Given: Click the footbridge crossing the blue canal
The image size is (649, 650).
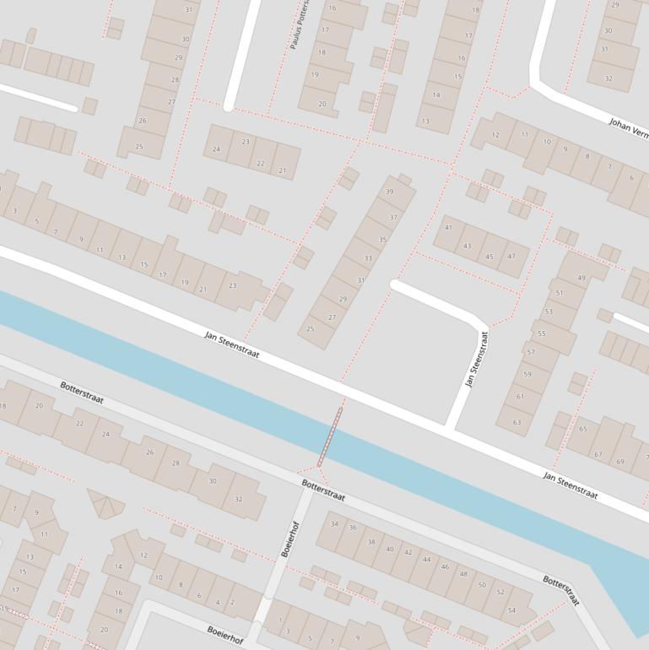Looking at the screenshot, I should tap(329, 436).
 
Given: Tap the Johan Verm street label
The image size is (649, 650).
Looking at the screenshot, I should tap(629, 128).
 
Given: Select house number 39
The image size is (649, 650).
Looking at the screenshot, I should tap(389, 192).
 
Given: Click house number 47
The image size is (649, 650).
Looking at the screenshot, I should tap(511, 257).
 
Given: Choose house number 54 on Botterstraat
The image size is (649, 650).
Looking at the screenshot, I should tap(511, 610).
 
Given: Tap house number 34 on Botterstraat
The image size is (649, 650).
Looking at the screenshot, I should tap(334, 524).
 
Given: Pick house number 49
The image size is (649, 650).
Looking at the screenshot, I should tap(581, 278).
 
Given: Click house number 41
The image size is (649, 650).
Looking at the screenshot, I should tap(448, 227).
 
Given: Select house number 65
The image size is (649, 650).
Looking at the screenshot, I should tap(582, 429).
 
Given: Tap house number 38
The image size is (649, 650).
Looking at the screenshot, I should tap(371, 541).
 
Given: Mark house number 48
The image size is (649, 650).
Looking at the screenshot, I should tap(463, 574).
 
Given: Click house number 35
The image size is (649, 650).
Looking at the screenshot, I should tap(382, 240).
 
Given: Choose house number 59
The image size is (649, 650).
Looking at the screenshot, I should tap(527, 374).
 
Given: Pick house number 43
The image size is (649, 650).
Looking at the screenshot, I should tap(468, 246).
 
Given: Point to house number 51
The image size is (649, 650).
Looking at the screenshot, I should tap(559, 293).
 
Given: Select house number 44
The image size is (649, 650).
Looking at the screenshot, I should tap(427, 559).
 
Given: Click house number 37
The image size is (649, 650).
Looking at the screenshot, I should tap(392, 218).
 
